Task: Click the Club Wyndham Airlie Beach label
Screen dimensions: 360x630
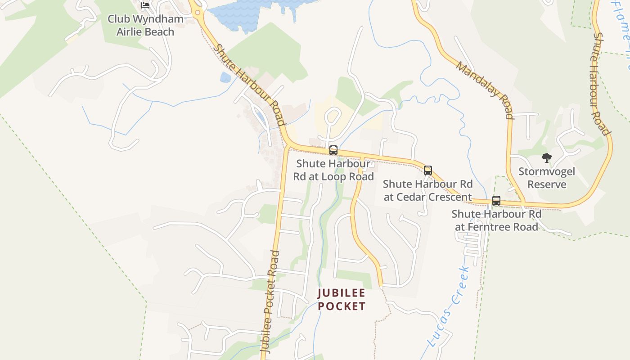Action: click(145, 25)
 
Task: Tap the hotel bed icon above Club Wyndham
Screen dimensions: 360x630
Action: click(145, 5)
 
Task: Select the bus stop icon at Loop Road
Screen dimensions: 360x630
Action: click(333, 150)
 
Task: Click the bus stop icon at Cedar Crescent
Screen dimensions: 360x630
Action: click(428, 171)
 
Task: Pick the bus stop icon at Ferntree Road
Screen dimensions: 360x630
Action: click(496, 201)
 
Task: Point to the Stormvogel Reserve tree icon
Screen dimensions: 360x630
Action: click(547, 158)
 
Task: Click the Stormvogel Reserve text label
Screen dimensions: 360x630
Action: click(547, 178)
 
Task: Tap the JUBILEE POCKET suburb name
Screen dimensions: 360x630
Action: click(342, 300)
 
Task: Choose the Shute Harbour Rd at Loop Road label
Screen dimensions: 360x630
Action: click(333, 170)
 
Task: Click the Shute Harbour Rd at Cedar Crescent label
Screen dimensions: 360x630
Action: click(427, 190)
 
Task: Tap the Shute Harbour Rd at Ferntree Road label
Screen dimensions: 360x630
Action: click(496, 220)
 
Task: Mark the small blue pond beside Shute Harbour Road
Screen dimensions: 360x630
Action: click(225, 77)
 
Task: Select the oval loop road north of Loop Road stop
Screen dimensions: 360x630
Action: click(332, 117)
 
